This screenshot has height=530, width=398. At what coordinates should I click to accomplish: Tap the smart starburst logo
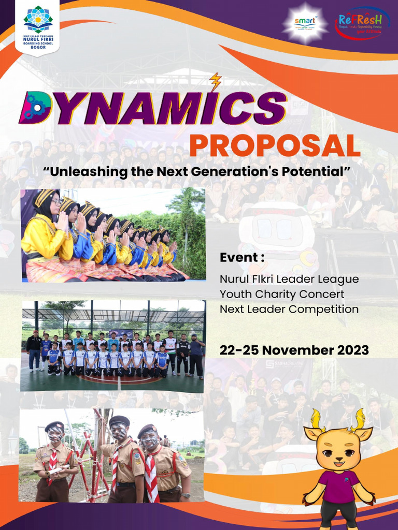click(x=305, y=23)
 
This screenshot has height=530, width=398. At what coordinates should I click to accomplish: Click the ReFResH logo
click(x=362, y=23)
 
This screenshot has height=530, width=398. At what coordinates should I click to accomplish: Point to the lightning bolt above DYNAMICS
click(x=216, y=82)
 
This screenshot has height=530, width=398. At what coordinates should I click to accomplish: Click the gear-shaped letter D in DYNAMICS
click(x=35, y=107)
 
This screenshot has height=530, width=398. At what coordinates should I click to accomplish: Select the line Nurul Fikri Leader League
click(x=289, y=279)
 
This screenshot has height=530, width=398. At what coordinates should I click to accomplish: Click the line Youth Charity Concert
click(x=282, y=294)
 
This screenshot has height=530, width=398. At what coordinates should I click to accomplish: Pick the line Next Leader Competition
click(x=289, y=309)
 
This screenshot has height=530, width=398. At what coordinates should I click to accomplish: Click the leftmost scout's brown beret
click(x=54, y=426)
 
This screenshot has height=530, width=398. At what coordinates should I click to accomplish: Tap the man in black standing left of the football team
click(x=35, y=349)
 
